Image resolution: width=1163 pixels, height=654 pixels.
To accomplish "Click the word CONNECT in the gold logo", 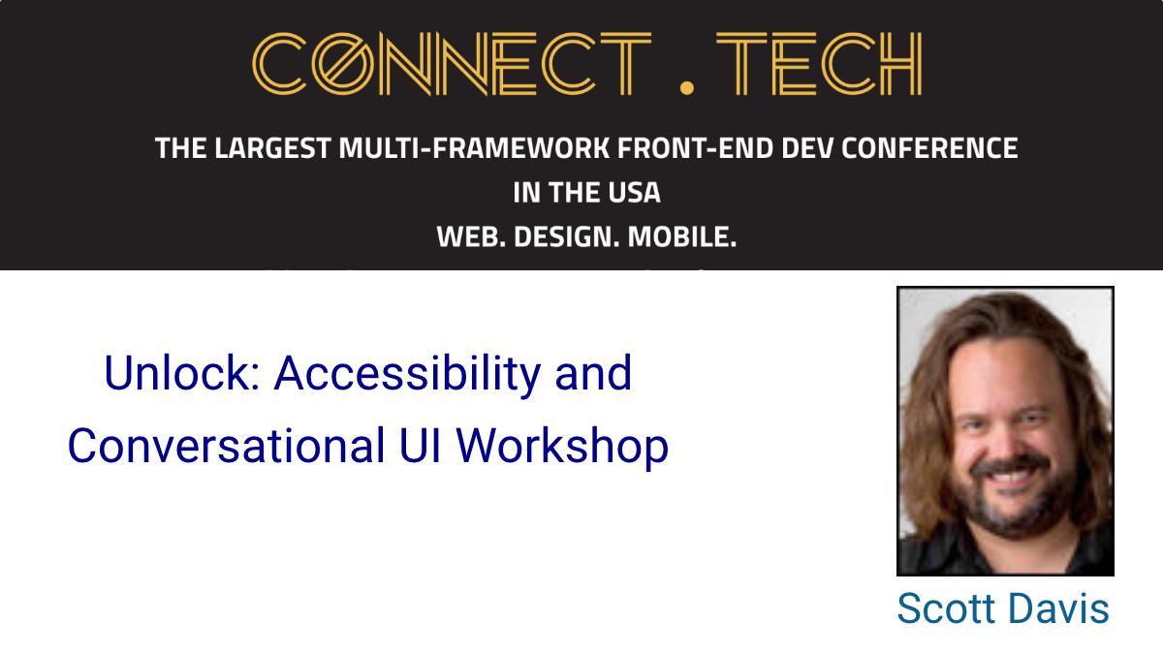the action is tap(452, 64).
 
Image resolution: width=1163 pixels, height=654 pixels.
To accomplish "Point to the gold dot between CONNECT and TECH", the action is tap(687, 87).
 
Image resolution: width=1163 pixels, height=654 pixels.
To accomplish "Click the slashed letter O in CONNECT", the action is tap(343, 64).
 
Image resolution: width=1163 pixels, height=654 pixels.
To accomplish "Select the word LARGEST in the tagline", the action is tap(272, 148).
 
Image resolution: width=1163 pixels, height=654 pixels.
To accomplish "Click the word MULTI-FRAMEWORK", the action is tap(474, 148).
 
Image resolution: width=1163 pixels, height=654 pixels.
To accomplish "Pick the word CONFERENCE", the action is tap(929, 148).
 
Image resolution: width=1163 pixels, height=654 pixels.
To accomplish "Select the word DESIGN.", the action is tap(566, 237).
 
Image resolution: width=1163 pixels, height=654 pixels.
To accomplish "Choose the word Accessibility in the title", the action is tap(408, 375).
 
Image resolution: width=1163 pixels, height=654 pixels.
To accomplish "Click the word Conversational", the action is tap(227, 446).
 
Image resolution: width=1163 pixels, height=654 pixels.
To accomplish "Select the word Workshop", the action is tap(562, 448).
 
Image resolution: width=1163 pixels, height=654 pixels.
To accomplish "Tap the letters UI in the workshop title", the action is tap(420, 446).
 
